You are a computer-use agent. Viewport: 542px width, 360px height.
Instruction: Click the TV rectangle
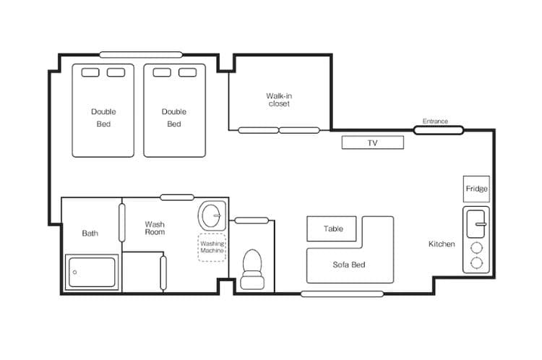(373, 142)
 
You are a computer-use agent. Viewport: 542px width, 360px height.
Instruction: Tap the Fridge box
(476, 189)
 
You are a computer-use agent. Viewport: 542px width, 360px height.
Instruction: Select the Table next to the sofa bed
(332, 228)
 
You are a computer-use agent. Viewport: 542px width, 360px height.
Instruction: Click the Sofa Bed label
(349, 265)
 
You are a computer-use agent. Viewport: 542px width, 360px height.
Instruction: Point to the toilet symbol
(252, 270)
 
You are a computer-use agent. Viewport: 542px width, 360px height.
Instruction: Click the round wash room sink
(211, 215)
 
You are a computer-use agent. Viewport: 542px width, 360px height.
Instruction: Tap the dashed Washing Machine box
(212, 247)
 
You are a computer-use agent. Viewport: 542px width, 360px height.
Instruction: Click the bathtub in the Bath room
(92, 272)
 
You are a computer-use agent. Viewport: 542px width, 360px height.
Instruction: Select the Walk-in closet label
(279, 100)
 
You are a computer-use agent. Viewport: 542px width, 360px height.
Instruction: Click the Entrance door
(439, 130)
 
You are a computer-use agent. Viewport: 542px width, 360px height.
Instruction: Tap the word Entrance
(435, 121)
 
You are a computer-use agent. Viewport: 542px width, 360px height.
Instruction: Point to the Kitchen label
(442, 244)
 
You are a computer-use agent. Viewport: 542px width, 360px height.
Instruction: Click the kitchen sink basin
(476, 224)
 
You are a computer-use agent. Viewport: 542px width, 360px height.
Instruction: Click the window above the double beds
(141, 55)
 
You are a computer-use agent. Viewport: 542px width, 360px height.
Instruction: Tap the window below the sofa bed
(343, 294)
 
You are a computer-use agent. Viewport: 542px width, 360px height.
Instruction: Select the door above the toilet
(251, 220)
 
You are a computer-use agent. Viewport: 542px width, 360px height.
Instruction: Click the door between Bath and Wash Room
(121, 223)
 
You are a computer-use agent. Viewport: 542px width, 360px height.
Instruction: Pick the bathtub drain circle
(74, 272)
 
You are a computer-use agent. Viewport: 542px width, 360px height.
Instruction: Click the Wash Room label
(155, 228)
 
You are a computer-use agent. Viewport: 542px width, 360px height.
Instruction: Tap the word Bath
(90, 233)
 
